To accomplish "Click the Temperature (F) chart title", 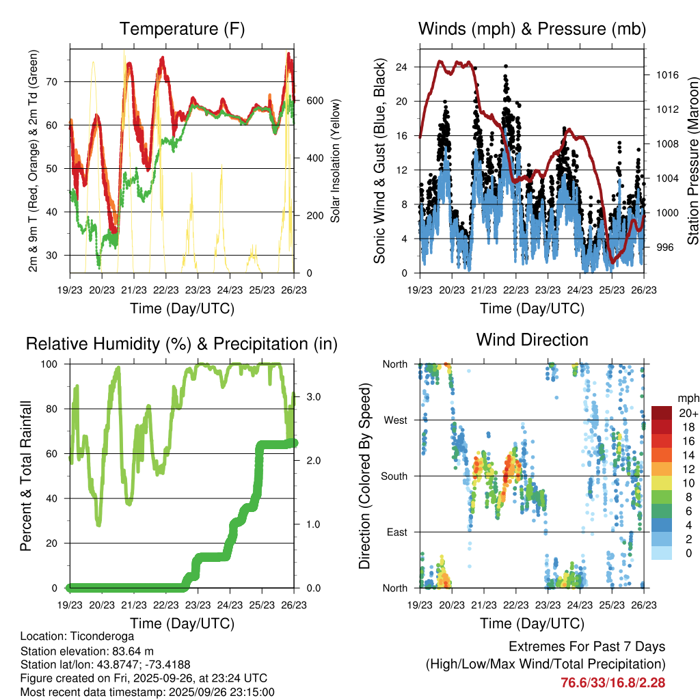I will point(182,29).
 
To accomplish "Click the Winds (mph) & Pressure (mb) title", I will point(532,29).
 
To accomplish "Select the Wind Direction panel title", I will point(532,340).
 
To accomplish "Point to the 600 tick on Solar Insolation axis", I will point(314,100).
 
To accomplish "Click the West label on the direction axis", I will point(396,420).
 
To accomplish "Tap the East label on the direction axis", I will point(396,532).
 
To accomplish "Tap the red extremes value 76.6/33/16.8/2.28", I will point(613,682).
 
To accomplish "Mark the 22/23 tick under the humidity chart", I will point(165,604).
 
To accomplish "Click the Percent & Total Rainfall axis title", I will point(25,476).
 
